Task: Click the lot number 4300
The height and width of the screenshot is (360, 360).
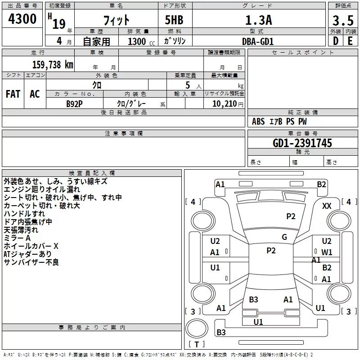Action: (x=22, y=19)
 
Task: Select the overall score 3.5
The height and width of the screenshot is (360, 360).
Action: (x=343, y=20)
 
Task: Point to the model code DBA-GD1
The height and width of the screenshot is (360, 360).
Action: (x=257, y=41)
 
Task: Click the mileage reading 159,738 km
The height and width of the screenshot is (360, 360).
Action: (x=53, y=64)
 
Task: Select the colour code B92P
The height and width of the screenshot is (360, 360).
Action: (x=75, y=103)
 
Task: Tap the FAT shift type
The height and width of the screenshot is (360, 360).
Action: (x=13, y=94)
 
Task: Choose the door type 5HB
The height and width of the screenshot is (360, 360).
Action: (x=173, y=20)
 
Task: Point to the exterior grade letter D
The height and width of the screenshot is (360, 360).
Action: (x=335, y=41)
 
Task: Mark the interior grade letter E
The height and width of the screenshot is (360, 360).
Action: (x=350, y=41)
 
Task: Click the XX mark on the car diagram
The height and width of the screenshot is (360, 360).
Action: (x=327, y=206)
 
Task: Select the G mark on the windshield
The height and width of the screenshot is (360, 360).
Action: (x=284, y=237)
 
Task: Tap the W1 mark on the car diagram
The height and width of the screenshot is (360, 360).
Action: (x=327, y=252)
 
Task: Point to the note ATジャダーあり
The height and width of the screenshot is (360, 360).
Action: (x=27, y=254)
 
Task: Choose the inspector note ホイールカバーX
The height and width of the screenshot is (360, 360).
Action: (x=31, y=246)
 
